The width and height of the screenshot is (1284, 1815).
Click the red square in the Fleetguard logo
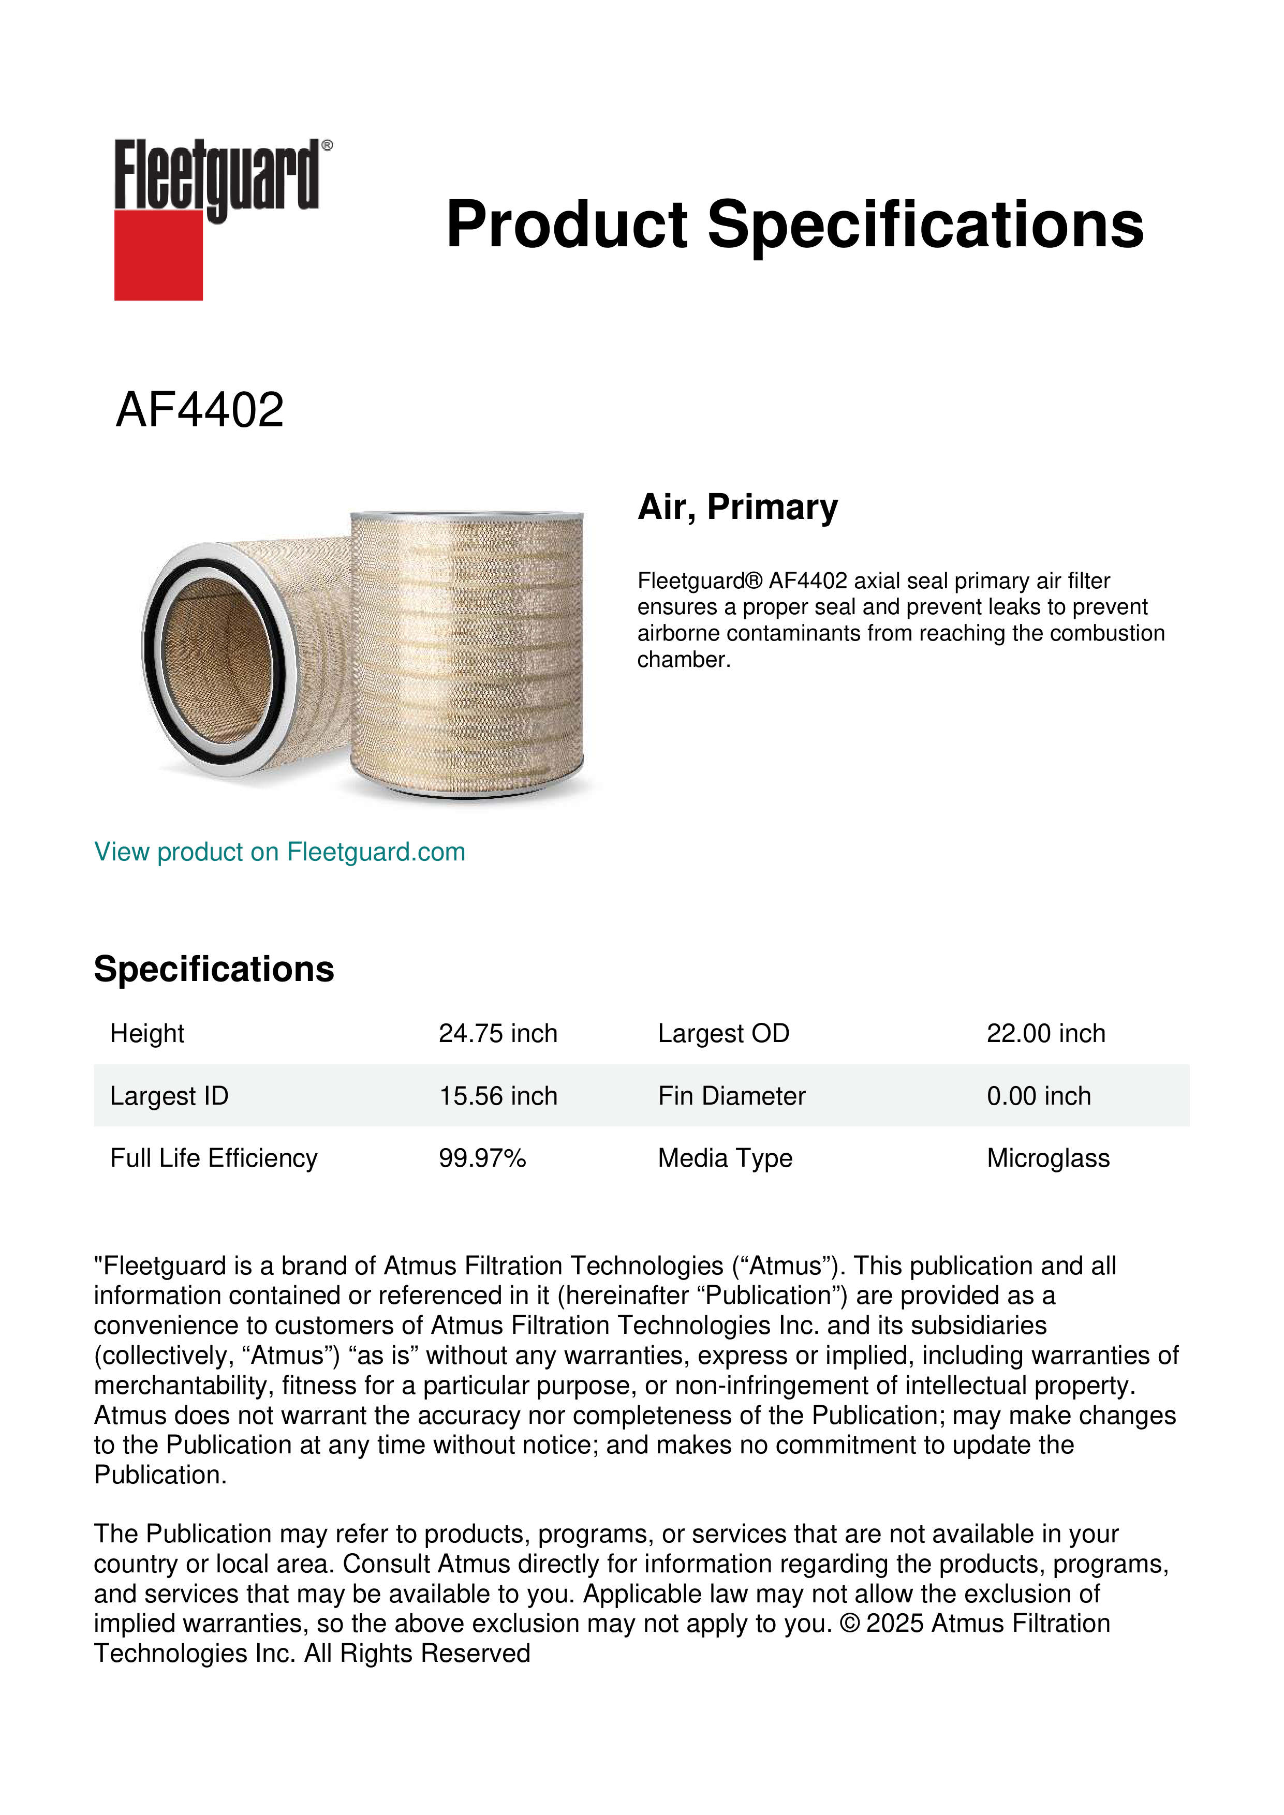[158, 255]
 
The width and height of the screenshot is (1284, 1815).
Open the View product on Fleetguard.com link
[279, 852]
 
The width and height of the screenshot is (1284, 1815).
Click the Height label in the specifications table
[147, 1033]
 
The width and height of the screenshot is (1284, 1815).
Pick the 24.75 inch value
[498, 1033]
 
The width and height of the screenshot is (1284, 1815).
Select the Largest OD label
[724, 1033]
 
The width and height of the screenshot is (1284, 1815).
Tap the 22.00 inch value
[1045, 1033]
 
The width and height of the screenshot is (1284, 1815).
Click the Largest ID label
[169, 1096]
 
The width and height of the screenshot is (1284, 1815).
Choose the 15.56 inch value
[498, 1096]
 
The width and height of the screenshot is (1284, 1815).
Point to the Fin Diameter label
[731, 1096]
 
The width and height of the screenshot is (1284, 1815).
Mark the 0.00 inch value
[1038, 1096]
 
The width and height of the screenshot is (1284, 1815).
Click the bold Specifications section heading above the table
[213, 969]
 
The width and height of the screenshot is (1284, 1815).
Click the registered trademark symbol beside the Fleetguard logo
[327, 145]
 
